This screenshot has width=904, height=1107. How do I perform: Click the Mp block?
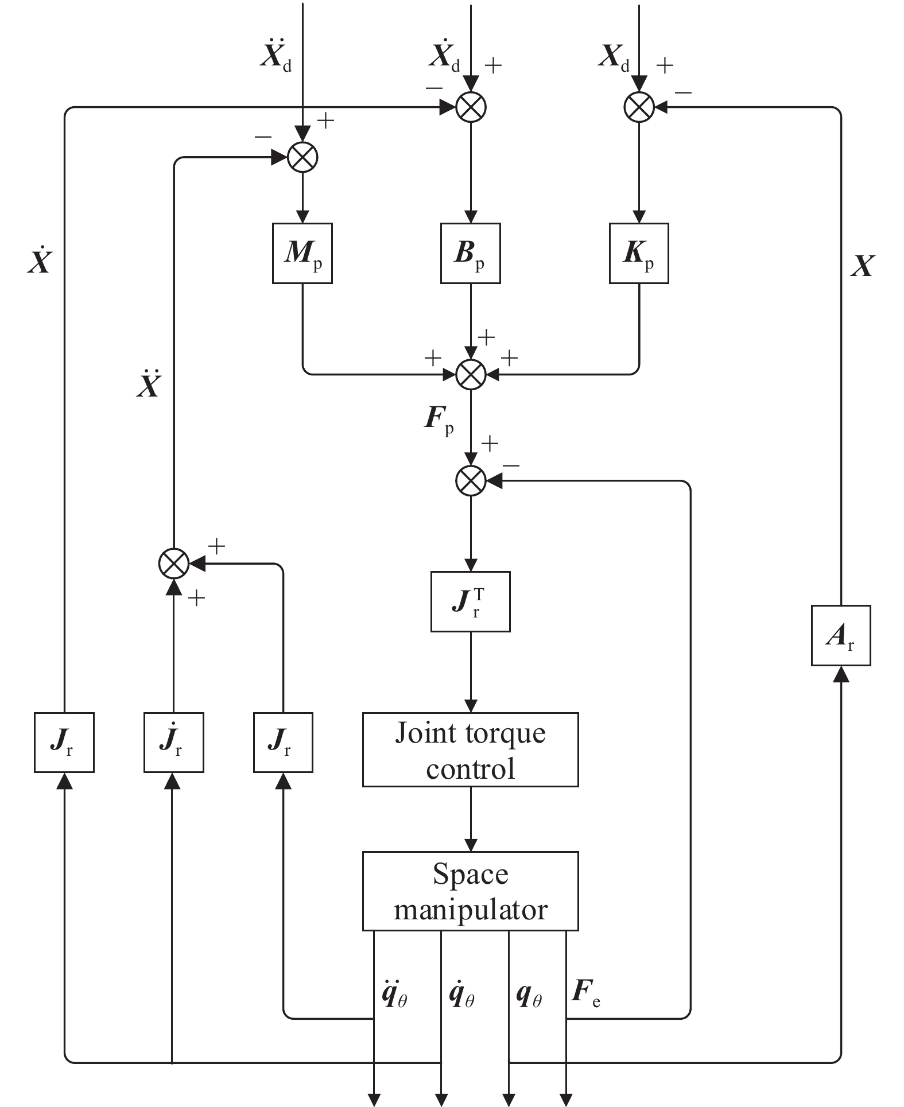click(x=302, y=253)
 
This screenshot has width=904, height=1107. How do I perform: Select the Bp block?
click(x=471, y=253)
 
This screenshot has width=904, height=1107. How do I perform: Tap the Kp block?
click(x=639, y=253)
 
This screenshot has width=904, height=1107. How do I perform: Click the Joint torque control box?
click(x=471, y=749)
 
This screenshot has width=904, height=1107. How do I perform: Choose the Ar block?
click(x=841, y=635)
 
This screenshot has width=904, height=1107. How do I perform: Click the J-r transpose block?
click(x=471, y=601)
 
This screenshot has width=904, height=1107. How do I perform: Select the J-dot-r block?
click(x=173, y=743)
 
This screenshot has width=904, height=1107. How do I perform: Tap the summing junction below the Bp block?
click(x=471, y=374)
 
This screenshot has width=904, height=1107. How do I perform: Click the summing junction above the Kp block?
click(x=639, y=107)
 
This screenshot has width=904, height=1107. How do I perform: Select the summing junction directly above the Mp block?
click(x=302, y=157)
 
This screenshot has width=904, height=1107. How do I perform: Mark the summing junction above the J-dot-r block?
click(x=173, y=564)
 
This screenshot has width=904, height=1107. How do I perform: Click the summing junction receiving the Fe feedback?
click(x=471, y=480)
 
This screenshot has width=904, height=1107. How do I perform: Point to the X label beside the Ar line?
click(x=862, y=266)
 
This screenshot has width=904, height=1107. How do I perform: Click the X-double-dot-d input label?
click(x=276, y=56)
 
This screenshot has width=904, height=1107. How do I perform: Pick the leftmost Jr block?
click(x=64, y=743)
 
